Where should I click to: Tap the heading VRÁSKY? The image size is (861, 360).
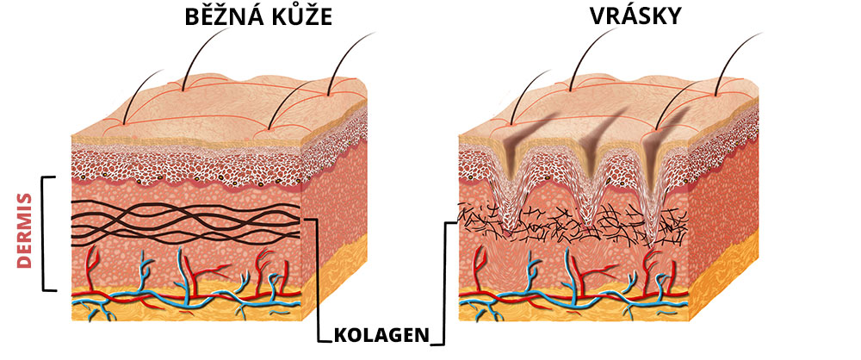coord(635,16)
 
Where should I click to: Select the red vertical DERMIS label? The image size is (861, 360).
coord(24,230)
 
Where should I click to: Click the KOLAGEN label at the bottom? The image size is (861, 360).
coord(381,336)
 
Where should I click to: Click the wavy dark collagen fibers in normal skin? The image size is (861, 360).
coord(186,222)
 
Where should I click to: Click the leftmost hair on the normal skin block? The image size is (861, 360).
coord(142,96)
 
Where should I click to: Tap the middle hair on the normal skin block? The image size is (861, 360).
coord(203,59)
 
